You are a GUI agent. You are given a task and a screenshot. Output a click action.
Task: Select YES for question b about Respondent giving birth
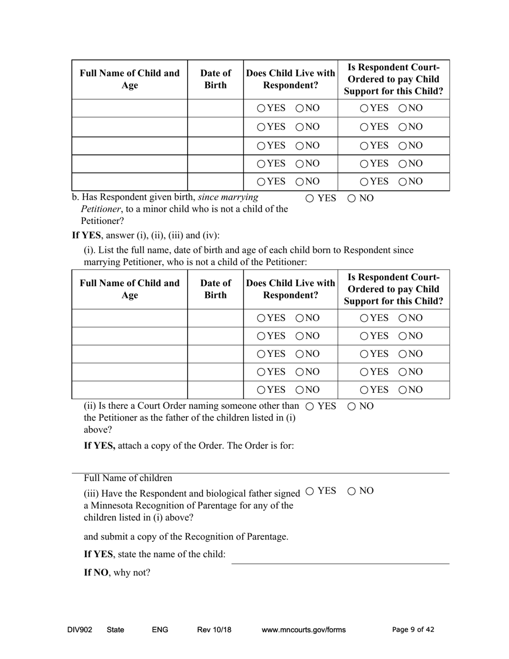pos(310,198)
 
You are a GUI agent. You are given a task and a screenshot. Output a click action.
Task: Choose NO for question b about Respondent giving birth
pos(351,198)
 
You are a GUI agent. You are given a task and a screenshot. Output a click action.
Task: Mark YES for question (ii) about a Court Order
pos(309,406)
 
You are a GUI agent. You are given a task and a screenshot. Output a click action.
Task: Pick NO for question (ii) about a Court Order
pos(351,406)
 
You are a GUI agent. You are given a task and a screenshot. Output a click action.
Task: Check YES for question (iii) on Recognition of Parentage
pos(309,491)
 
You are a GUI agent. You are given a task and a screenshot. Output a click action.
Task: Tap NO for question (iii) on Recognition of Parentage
pos(351,491)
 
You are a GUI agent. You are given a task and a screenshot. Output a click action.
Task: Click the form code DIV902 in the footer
pos(80,630)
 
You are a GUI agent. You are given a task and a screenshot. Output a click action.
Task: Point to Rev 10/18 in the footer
pos(214,630)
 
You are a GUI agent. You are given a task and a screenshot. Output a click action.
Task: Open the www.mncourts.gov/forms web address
pos(303,630)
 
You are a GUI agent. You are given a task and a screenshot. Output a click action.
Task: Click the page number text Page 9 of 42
pos(413,630)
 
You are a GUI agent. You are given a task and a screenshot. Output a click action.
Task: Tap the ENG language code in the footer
pos(160,630)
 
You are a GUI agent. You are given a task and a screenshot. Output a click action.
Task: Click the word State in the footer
pos(115,630)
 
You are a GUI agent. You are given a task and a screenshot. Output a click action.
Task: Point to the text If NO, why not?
pos(117,572)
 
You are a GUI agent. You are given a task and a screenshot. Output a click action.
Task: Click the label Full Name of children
pos(128,478)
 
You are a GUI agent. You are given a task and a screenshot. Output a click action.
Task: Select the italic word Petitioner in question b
pos(100,209)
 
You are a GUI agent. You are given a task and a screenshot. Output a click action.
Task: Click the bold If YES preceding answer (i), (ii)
pos(86,235)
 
